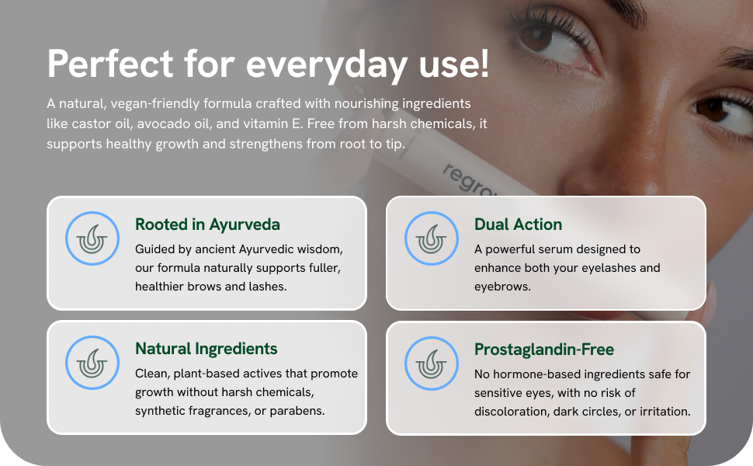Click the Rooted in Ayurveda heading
pos(207,224)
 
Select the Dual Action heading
pos(518,224)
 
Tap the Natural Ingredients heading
pos(206,349)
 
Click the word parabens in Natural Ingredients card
pos(298,409)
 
